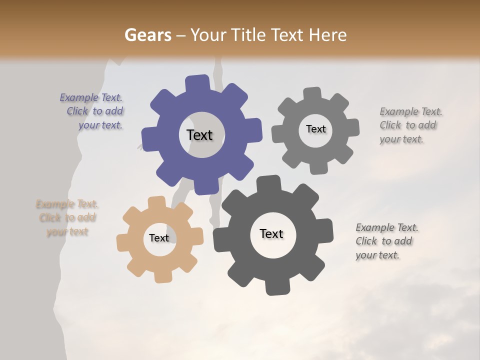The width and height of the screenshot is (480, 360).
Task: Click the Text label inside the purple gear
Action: [199, 135]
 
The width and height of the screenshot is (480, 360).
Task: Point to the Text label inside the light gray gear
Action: [315, 129]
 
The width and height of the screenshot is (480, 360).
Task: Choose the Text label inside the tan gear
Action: [159, 238]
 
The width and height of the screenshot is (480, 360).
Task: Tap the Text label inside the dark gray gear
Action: [271, 233]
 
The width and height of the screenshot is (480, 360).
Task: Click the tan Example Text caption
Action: [67, 217]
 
